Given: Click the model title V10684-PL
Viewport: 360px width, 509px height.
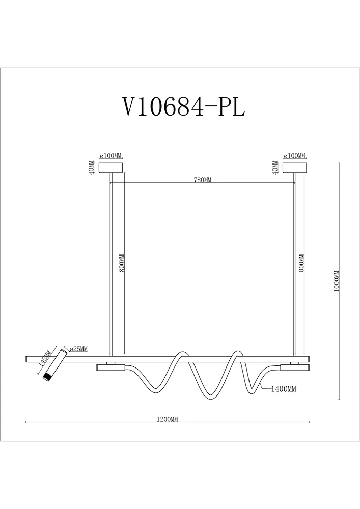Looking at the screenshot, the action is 183,107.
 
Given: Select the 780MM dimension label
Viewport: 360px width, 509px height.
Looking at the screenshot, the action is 203,180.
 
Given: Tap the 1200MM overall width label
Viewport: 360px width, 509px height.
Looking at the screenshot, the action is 168,419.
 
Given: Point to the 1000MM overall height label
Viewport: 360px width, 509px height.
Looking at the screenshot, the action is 337,281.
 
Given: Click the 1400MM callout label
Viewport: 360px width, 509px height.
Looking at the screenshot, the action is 284,388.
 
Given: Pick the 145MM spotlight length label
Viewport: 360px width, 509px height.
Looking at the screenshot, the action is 44,358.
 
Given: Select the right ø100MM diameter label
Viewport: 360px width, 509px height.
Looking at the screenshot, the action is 294,156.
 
